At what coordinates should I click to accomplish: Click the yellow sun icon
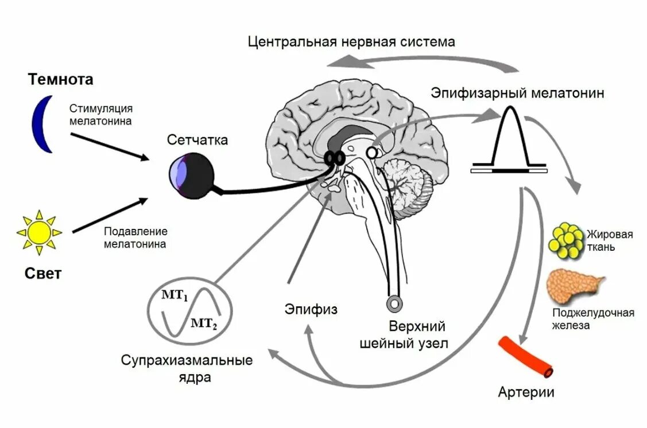coord(39,232)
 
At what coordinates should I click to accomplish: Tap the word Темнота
coord(60,80)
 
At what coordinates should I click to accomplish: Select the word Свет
coord(43,274)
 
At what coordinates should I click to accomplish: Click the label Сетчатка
coord(197,140)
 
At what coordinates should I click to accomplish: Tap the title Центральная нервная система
coord(351,42)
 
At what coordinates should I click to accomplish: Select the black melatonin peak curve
coord(508,138)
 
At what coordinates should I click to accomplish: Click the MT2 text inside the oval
coord(204,323)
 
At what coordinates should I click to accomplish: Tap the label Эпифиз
coord(311,310)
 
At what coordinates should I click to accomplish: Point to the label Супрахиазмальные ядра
coord(187,369)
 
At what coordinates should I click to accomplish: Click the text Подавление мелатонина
coord(135,238)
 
